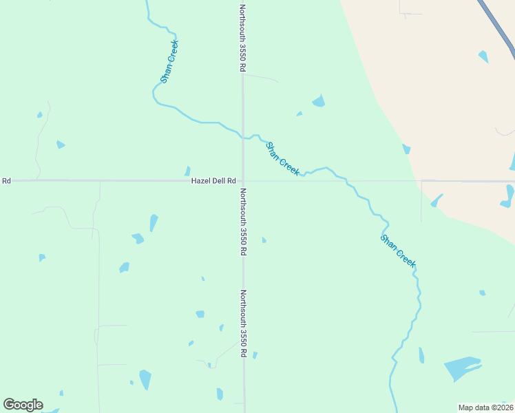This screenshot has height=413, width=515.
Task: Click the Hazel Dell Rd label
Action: point(213,181)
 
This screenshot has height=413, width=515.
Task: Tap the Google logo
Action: point(23,405)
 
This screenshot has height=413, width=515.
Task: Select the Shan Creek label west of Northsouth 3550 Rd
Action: point(169,62)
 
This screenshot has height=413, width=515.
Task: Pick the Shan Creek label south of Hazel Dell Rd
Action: point(399,251)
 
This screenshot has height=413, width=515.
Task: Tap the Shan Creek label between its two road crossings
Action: point(282,159)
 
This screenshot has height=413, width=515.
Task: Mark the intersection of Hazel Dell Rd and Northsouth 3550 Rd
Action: point(242,181)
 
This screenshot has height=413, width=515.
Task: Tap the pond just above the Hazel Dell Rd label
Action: point(187,171)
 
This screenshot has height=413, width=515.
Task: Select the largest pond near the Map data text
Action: point(461,368)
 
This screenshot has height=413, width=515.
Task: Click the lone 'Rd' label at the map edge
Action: point(6,181)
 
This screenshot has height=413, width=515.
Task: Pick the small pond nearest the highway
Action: point(483,56)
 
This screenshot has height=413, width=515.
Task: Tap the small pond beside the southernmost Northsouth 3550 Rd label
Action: point(255,355)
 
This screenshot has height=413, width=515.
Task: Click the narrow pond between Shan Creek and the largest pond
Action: point(421,355)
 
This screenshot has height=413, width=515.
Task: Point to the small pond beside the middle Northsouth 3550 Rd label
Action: point(264,240)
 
